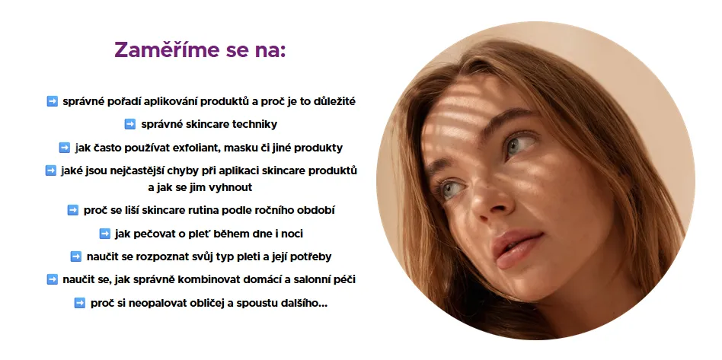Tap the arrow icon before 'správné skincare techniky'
click(x=130, y=124)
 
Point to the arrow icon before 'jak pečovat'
click(x=105, y=234)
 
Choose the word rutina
click(x=202, y=210)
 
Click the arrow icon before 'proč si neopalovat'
click(x=80, y=303)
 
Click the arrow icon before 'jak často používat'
click(x=65, y=148)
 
